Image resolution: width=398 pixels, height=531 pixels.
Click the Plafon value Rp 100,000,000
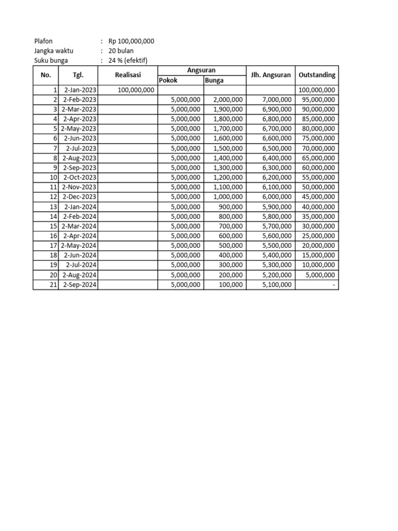[131, 41]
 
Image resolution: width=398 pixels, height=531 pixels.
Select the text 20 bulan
[121, 51]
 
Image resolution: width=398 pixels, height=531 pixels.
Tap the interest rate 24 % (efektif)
[128, 60]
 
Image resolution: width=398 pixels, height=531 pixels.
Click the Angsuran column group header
[201, 70]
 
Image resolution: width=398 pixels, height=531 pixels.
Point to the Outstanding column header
[317, 75]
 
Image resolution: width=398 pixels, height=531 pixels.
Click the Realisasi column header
[127, 75]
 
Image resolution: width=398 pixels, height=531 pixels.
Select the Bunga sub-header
[215, 80]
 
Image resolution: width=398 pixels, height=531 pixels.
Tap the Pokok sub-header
[168, 80]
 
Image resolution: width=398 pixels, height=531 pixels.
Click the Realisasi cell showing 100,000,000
[136, 90]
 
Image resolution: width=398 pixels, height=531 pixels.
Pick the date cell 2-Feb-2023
[80, 100]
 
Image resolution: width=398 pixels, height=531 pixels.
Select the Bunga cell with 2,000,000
[228, 100]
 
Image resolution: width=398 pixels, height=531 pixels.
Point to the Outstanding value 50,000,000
[318, 187]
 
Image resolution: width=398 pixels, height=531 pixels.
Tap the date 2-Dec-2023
[79, 197]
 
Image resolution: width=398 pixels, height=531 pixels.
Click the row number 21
[53, 285]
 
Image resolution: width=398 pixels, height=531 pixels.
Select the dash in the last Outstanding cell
[334, 285]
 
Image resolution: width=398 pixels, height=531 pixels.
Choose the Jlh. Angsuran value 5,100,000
[277, 285]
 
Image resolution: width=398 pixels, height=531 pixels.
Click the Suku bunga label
[51, 60]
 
